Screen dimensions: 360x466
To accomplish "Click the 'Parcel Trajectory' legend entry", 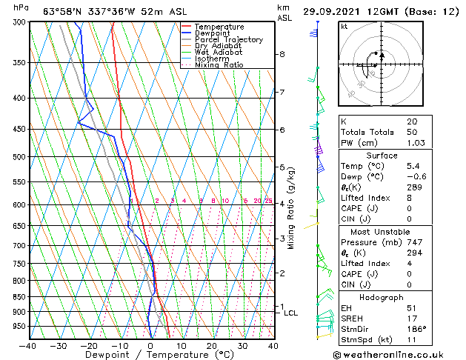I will click(228, 39).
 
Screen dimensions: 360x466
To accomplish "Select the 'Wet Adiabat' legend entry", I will click(219, 53).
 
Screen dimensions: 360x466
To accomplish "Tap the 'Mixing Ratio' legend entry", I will click(219, 65).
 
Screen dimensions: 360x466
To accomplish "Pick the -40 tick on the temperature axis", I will click(28, 345).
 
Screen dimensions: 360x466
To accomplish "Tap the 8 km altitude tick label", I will click(282, 54).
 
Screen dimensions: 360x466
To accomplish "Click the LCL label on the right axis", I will click(290, 313).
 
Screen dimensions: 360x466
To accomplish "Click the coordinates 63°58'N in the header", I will click(62, 11).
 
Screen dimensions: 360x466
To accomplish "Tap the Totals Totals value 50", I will click(412, 132).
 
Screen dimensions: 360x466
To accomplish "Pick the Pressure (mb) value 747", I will click(414, 242).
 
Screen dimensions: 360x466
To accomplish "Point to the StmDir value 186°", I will click(416, 329).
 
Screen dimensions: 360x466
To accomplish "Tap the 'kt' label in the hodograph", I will click(344, 26).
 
